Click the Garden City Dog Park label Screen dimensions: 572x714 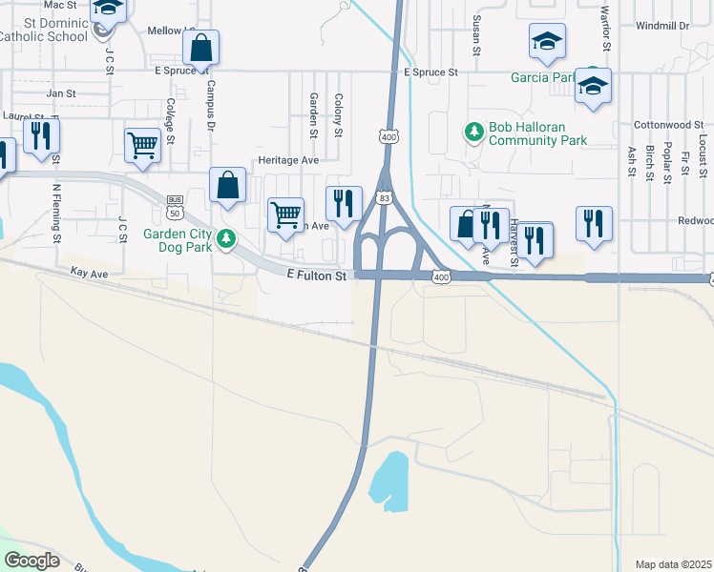(177, 238)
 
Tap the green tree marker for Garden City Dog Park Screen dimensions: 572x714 (226, 238)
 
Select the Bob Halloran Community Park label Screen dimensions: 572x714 (537, 133)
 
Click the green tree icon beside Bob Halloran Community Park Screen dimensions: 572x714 (472, 132)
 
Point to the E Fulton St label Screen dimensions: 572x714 (316, 275)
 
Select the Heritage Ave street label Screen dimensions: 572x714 (287, 161)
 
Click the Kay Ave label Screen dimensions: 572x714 (90, 272)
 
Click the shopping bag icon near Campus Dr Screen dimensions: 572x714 (201, 47)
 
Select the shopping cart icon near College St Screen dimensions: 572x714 (142, 146)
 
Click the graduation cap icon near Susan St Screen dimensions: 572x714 (548, 41)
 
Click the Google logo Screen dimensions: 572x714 (31, 561)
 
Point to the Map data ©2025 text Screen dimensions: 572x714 (674, 564)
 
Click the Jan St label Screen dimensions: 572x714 (61, 93)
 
